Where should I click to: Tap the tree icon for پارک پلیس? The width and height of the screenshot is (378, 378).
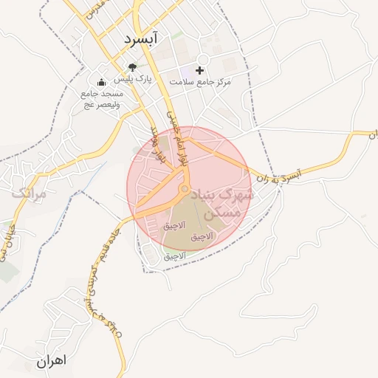132,68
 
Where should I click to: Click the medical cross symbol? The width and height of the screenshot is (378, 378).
199,70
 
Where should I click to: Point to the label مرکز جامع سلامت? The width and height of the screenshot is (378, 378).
200,81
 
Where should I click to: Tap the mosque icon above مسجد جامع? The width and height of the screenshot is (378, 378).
102,83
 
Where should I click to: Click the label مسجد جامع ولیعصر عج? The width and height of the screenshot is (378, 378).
101,99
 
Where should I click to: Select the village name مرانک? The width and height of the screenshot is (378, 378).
29,194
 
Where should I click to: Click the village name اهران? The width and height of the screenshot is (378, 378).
50,361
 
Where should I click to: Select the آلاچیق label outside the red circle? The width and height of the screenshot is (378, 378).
176,255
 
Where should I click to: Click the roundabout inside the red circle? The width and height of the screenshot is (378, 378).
184,190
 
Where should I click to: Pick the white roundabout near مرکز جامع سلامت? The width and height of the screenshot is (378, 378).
204,61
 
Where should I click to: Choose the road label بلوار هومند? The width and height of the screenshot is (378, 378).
157,146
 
